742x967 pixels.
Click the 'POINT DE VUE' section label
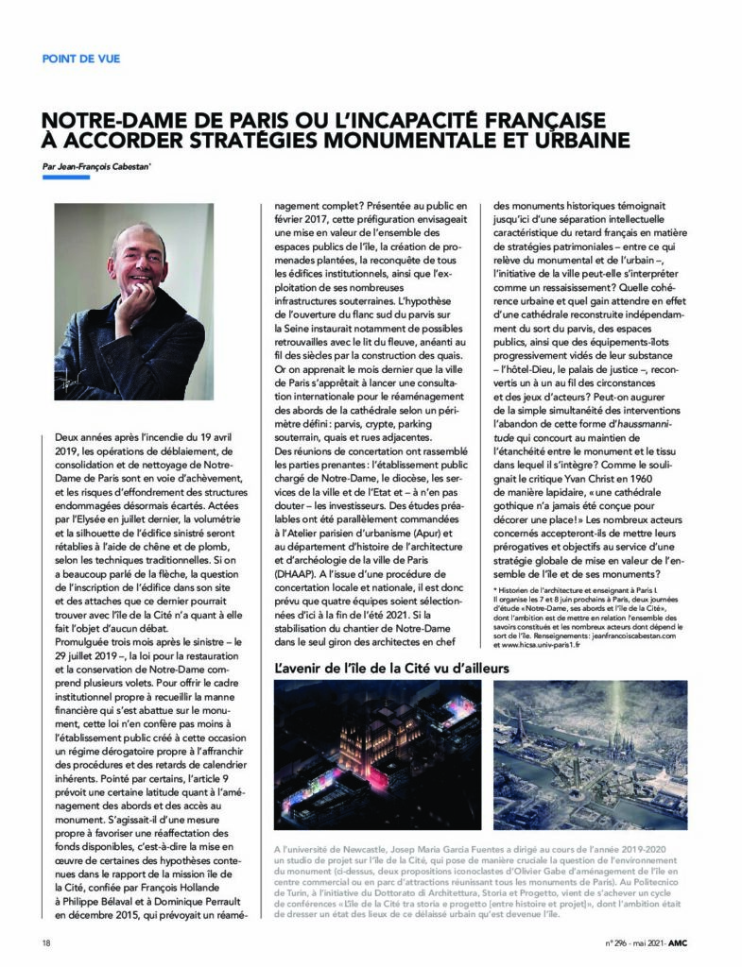tap(81, 59)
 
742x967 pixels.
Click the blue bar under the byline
tap(66, 178)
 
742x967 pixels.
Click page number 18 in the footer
tap(47, 942)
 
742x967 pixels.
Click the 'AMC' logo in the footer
tap(688, 942)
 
